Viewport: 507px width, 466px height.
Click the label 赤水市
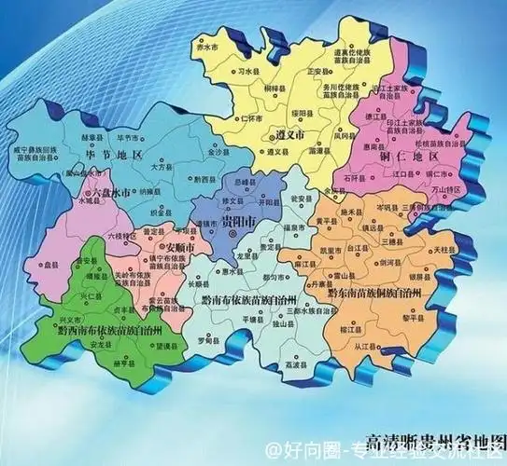[x=218, y=45]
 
